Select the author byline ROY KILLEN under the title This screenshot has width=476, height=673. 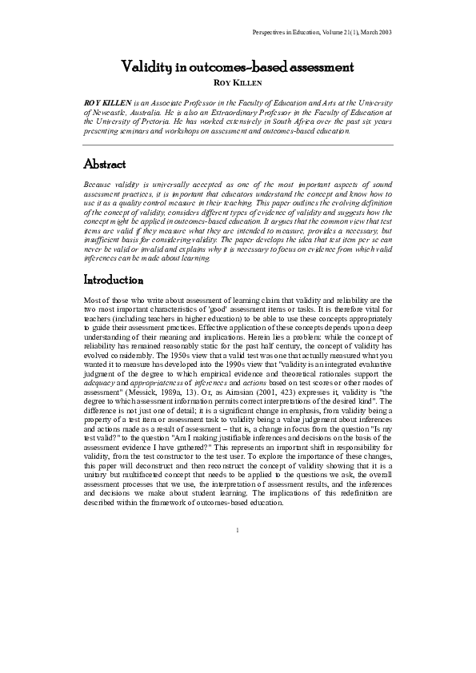(x=238, y=82)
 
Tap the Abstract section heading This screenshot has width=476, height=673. (x=105, y=165)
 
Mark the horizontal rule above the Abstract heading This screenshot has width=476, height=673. (x=238, y=145)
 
